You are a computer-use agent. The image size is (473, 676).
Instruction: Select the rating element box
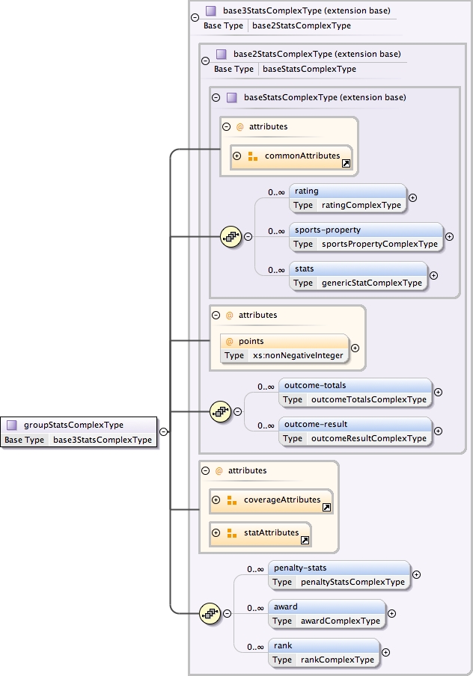pyautogui.click(x=347, y=198)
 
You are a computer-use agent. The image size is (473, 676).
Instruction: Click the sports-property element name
pyautogui.click(x=317, y=230)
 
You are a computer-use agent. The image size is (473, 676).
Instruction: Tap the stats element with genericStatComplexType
pyautogui.click(x=358, y=276)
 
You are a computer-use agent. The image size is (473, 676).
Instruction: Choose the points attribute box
pyautogui.click(x=284, y=348)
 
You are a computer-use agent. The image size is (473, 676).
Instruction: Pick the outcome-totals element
pyautogui.click(x=355, y=393)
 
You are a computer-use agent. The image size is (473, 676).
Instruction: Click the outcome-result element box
pyautogui.click(x=355, y=431)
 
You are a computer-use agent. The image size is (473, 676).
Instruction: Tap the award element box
pyautogui.click(x=326, y=614)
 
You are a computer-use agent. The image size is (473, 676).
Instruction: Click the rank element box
pyautogui.click(x=323, y=653)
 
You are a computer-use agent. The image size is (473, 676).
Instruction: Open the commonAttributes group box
pyautogui.click(x=291, y=156)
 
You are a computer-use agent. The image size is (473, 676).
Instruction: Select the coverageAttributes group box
pyautogui.click(x=271, y=500)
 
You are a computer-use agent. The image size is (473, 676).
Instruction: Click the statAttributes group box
pyautogui.click(x=260, y=533)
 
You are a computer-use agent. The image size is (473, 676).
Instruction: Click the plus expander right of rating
pyautogui.click(x=412, y=198)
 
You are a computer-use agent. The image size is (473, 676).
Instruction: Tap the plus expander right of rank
pyautogui.click(x=386, y=653)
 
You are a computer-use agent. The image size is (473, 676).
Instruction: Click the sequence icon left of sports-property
pyautogui.click(x=231, y=237)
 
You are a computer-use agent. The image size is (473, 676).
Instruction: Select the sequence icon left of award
pyautogui.click(x=210, y=614)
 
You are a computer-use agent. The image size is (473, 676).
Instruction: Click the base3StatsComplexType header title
pyautogui.click(x=306, y=11)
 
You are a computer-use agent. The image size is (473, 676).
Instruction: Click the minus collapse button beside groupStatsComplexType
pyautogui.click(x=163, y=431)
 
